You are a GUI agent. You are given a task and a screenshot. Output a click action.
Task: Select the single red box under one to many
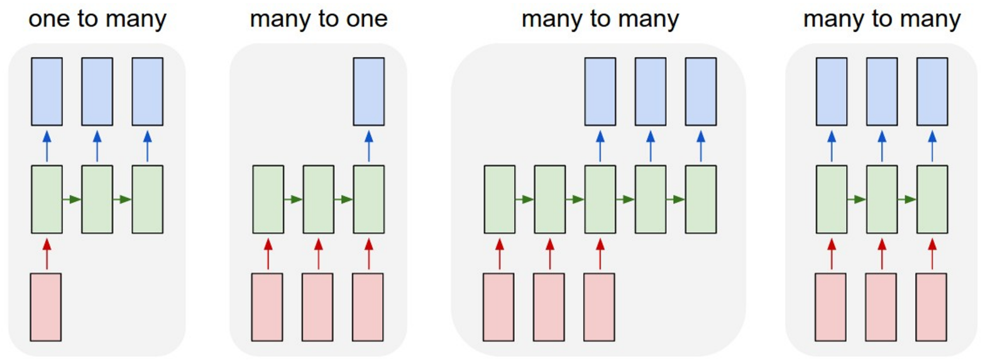point(47,306)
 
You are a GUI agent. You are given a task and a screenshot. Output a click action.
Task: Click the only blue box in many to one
point(368,91)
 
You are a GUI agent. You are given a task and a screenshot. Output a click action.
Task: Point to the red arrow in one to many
point(47,253)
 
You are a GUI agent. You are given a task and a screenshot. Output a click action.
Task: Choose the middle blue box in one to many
point(97,91)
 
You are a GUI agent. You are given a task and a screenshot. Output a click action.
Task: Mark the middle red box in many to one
point(318,306)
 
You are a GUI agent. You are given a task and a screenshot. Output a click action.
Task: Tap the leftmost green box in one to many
point(47,199)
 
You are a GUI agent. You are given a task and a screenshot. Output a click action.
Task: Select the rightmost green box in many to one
point(368,199)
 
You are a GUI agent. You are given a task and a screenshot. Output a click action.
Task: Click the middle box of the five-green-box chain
point(600,199)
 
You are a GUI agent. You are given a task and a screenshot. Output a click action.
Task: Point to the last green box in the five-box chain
point(700,199)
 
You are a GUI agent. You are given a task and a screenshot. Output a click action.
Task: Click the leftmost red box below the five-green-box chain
point(499,306)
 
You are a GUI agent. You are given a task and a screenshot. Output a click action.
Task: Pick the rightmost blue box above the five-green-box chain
point(700,91)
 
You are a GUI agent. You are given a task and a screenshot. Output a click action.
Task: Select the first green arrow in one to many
point(72,199)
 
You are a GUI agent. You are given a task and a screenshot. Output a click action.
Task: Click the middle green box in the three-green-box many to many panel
point(881,199)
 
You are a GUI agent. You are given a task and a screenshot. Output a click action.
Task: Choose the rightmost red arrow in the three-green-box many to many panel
point(932,253)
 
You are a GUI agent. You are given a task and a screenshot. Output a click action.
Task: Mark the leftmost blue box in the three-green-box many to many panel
point(831,91)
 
